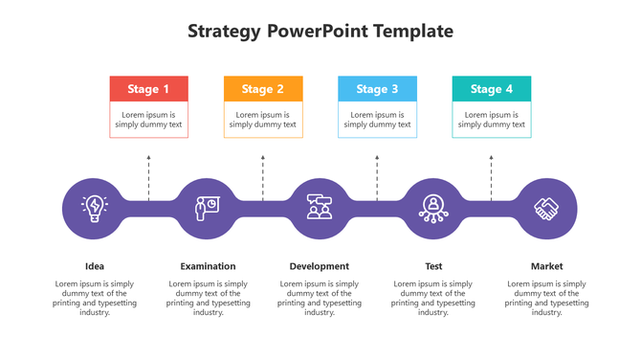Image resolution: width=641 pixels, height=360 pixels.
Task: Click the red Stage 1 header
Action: (x=148, y=89)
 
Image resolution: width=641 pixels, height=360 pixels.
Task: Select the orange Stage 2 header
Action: (x=263, y=89)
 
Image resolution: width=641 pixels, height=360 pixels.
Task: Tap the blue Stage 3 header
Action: (x=377, y=89)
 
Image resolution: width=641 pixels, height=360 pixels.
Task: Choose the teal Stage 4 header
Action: (x=491, y=89)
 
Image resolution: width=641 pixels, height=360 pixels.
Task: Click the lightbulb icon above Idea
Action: (x=95, y=207)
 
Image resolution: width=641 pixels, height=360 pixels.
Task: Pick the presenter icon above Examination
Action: (x=207, y=207)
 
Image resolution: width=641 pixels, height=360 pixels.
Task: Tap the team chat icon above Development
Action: (x=320, y=207)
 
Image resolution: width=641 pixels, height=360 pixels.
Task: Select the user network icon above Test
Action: (x=433, y=207)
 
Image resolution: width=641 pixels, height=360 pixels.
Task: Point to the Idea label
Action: (x=95, y=266)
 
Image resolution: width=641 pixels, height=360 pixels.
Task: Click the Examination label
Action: (x=208, y=266)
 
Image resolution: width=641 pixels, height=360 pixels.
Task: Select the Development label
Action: (x=320, y=266)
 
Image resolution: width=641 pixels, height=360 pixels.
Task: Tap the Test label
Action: (x=433, y=266)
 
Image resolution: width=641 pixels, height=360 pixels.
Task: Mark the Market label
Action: (x=547, y=266)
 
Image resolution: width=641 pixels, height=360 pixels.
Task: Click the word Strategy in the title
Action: (x=224, y=32)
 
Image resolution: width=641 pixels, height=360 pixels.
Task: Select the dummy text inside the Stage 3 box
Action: (x=377, y=120)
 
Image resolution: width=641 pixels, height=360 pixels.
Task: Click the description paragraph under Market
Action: (x=547, y=298)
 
